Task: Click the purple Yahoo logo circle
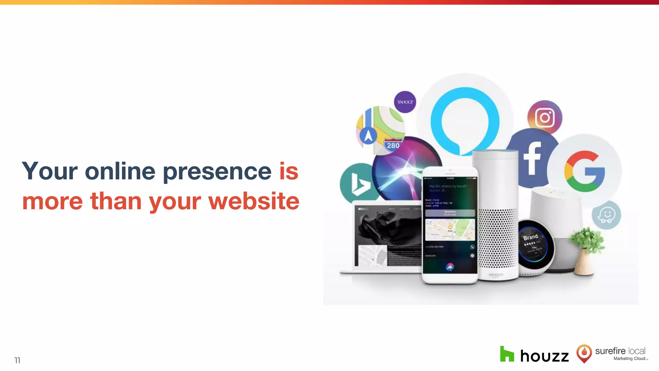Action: coord(405,102)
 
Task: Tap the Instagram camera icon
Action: coord(545,118)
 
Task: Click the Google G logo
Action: coord(584,171)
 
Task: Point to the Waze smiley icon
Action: coord(606,215)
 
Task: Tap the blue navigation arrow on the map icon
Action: coord(368,135)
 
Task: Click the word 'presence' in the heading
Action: coord(217,172)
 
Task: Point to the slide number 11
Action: coord(17,360)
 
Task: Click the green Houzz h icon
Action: coord(507,354)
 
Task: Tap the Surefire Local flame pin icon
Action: coord(584,353)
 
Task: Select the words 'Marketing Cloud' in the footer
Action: coord(629,358)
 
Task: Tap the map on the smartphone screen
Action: coord(450,230)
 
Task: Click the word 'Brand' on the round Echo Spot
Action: coord(530,237)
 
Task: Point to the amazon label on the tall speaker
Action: coord(496,275)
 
